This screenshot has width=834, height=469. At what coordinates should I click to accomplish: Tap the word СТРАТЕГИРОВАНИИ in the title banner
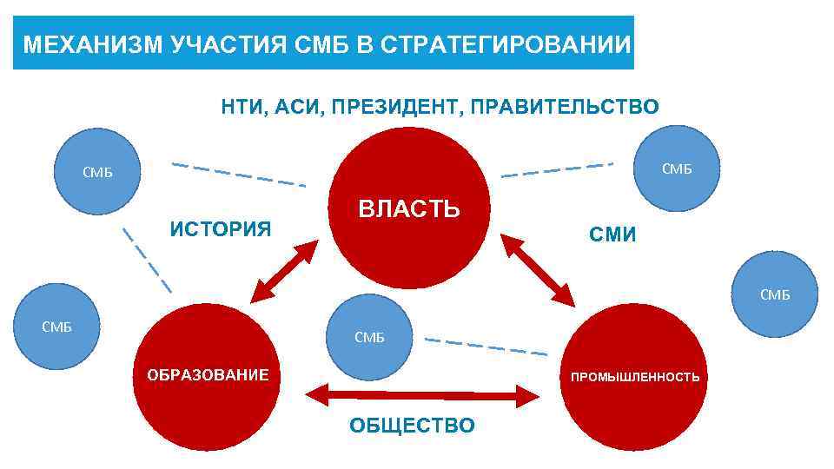click(504, 44)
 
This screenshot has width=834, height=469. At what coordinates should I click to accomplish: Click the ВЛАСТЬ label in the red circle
click(409, 209)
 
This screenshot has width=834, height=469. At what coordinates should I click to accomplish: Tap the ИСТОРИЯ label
click(221, 229)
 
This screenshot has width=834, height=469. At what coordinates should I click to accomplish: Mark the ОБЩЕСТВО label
click(411, 425)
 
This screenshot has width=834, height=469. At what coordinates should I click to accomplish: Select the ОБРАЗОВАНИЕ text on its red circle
click(206, 375)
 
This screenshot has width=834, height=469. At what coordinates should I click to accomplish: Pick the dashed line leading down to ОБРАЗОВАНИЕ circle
click(147, 260)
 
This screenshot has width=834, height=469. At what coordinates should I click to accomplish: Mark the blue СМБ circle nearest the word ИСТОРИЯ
click(96, 172)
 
